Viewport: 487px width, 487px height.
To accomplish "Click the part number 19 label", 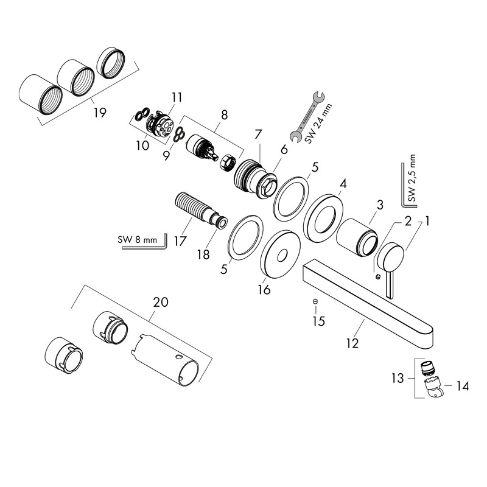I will (100, 112).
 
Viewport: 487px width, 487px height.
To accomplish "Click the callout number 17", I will (180, 240).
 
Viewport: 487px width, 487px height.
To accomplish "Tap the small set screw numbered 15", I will (315, 303).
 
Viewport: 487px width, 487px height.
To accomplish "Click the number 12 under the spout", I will (352, 342).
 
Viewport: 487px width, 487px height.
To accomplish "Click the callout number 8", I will (224, 114).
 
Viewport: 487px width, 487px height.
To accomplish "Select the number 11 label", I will (177, 97).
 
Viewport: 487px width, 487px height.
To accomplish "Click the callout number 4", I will (343, 184).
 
